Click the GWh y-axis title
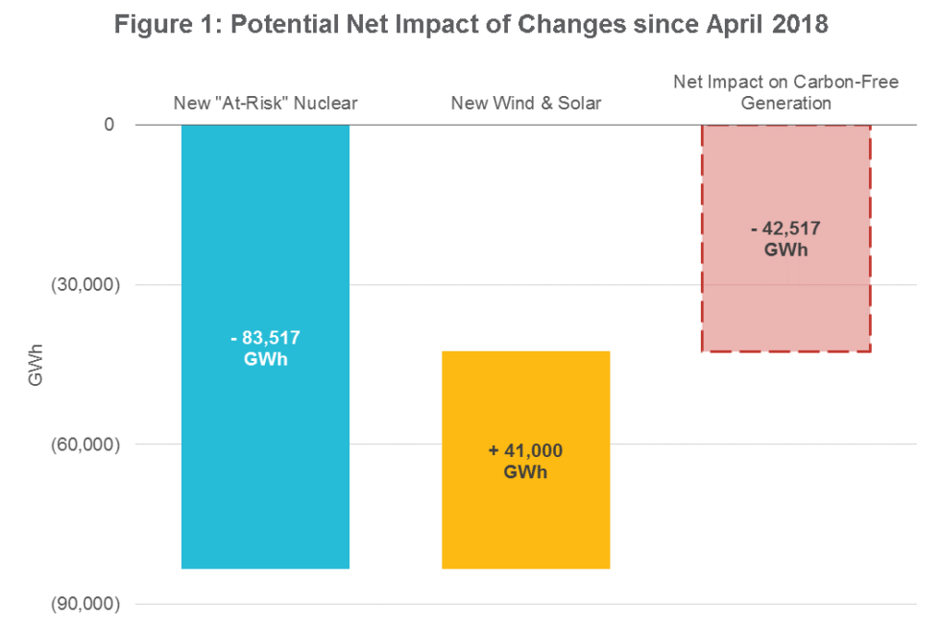(x=36, y=365)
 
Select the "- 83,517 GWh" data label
(x=265, y=348)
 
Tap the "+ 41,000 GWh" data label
(x=525, y=460)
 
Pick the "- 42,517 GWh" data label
(x=785, y=238)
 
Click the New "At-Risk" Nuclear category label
(x=265, y=103)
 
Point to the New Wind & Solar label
(x=525, y=103)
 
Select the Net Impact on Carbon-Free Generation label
(x=785, y=92)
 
